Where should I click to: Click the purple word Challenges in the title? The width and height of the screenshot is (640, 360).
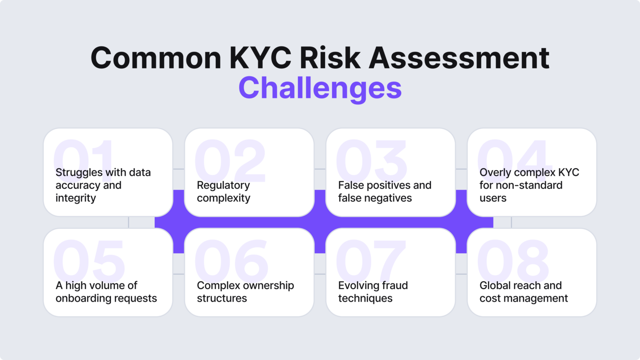pos(320,88)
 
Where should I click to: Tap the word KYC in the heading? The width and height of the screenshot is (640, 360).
pos(260,58)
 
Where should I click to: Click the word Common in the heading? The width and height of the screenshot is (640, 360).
pos(156,58)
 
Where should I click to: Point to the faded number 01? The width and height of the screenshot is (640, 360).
pos(84,156)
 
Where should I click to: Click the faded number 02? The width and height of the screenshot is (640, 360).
pos(230,160)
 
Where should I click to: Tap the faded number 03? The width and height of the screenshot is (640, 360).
pos(371,160)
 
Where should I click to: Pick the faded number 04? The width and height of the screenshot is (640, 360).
pos(515,156)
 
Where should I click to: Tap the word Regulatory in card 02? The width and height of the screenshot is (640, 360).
pos(223,185)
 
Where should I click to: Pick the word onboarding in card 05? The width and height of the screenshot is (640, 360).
pos(82,298)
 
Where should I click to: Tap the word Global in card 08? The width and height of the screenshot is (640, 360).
pos(495,285)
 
